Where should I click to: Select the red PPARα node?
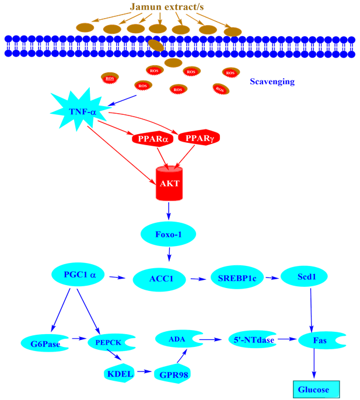tap(152, 138)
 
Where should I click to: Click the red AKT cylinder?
tap(169, 183)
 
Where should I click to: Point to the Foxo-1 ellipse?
tap(169, 235)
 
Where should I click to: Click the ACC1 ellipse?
tap(162, 279)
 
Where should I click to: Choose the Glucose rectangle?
tap(315, 389)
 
